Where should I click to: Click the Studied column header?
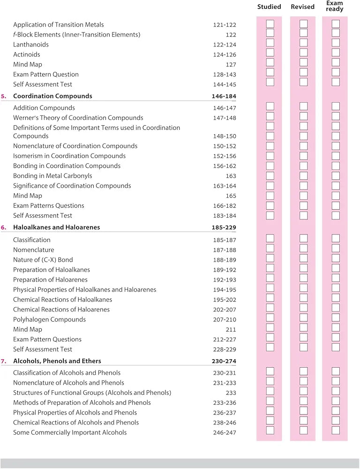(269, 7)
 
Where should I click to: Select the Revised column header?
(302, 7)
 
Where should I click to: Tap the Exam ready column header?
(335, 6)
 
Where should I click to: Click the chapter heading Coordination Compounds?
(52, 96)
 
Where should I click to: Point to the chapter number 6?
(4, 227)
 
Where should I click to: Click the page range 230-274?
(224, 361)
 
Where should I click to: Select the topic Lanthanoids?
(31, 45)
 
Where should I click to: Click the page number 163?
(231, 176)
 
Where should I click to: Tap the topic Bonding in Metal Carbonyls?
(52, 176)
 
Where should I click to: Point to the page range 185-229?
(224, 227)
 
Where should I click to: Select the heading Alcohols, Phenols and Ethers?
(57, 361)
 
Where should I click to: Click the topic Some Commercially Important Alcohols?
(70, 432)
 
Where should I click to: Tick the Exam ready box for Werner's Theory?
(336, 116)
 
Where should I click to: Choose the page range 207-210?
(224, 320)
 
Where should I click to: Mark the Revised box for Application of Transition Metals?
(303, 23)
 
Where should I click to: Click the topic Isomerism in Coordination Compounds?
(69, 156)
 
